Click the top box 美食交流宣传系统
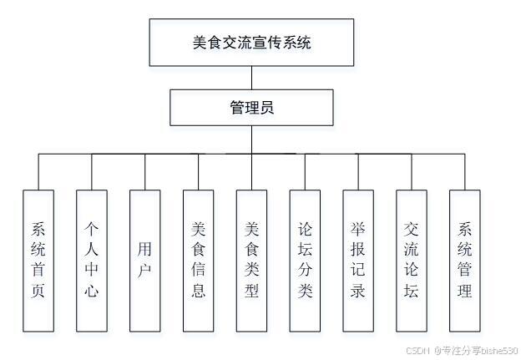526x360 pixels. [251, 42]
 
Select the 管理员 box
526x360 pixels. [251, 108]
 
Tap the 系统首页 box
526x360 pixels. [38, 259]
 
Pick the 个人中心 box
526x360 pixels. [92, 259]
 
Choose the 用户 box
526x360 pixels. [145, 259]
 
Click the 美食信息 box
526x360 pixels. [199, 259]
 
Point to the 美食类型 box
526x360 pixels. [252, 259]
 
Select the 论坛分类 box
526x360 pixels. [306, 259]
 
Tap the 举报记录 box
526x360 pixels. [358, 259]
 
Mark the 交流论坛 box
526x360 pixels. [412, 259]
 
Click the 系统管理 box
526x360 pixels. [465, 259]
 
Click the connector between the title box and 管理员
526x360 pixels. [251, 78]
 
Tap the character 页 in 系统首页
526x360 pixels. [38, 292]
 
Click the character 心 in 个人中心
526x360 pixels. [92, 292]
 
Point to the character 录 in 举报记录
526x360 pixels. [358, 292]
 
